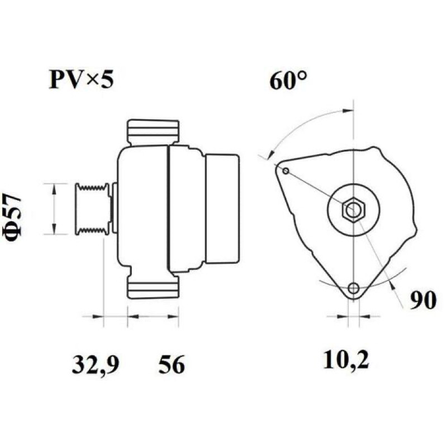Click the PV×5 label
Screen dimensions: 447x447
point(82,79)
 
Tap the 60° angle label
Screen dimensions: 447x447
point(288,80)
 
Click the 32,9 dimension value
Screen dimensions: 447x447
point(95,364)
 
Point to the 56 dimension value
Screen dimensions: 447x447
point(172,364)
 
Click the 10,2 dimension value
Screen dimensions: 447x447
point(346,360)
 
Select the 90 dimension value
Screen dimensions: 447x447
point(423,300)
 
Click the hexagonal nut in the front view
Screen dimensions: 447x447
point(354,210)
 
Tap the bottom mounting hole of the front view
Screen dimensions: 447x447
point(354,288)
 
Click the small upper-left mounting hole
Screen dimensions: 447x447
point(286,171)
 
